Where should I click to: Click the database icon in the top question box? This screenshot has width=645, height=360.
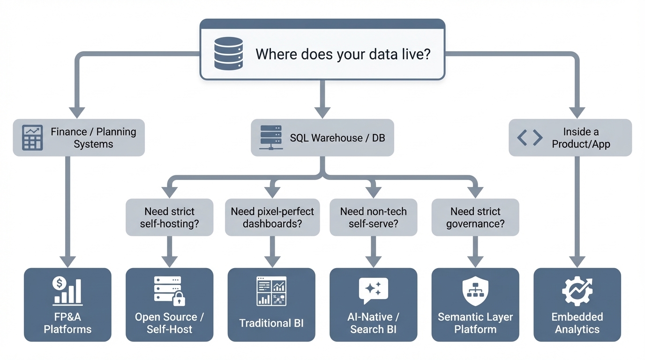pyautogui.click(x=228, y=54)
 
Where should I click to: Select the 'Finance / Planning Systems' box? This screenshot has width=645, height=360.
pyautogui.click(x=79, y=138)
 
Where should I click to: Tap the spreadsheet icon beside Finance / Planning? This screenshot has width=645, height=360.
pyautogui.click(x=32, y=138)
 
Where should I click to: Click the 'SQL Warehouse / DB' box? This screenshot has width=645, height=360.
pyautogui.click(x=322, y=138)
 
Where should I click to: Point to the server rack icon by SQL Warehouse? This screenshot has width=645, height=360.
pyautogui.click(x=271, y=137)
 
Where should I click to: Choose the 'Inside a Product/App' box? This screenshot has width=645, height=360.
pyautogui.click(x=570, y=138)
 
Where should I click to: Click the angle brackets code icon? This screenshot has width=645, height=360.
pyautogui.click(x=530, y=138)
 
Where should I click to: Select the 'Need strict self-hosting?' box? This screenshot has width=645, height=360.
pyautogui.click(x=169, y=217)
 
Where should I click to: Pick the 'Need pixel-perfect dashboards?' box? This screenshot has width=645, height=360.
pyautogui.click(x=272, y=217)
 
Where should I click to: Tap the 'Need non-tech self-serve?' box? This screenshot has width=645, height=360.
pyautogui.click(x=373, y=217)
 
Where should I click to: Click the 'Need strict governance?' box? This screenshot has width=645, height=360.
pyautogui.click(x=475, y=217)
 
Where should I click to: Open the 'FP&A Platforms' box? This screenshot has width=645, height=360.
pyautogui.click(x=67, y=305)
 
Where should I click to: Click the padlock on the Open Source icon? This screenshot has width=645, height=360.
pyautogui.click(x=179, y=299)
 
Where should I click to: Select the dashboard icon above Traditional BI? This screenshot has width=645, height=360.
pyautogui.click(x=271, y=291)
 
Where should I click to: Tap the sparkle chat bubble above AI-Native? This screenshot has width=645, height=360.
pyautogui.click(x=373, y=290)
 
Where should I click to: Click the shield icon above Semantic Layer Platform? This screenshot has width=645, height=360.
pyautogui.click(x=475, y=291)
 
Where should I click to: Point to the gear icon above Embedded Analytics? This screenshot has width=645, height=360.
pyautogui.click(x=577, y=291)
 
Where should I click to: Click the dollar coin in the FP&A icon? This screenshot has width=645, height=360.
pyautogui.click(x=59, y=283)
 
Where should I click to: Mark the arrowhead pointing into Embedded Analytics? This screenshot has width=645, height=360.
pyautogui.click(x=577, y=261)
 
